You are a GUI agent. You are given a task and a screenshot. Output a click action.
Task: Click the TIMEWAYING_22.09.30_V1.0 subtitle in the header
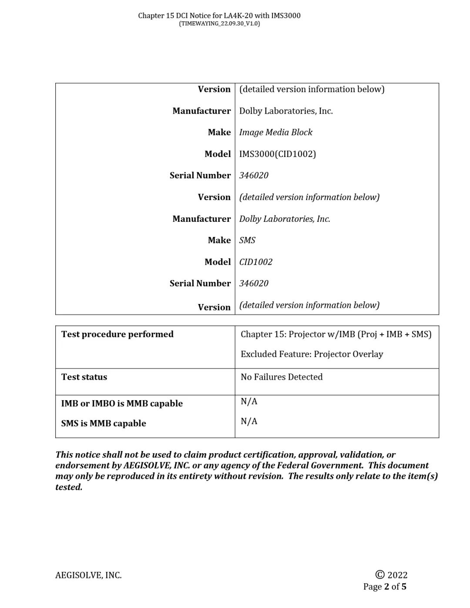pos(219,23)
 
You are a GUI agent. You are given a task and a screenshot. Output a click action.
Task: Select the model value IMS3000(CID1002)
pos(277,154)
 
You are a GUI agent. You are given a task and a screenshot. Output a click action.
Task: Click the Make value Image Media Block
pos(275,132)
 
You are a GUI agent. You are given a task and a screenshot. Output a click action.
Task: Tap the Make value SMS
pos(247,240)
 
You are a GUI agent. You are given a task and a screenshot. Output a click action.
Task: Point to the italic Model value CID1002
pos(255,262)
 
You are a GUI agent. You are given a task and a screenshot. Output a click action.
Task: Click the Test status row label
pos(84,377)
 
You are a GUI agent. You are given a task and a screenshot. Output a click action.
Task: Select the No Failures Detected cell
pos(282,377)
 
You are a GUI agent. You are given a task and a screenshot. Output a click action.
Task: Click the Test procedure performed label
pos(117,334)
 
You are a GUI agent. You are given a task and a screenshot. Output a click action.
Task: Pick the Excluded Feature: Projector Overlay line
pos(312,354)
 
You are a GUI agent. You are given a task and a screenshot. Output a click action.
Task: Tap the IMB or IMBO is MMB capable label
pos(122,403)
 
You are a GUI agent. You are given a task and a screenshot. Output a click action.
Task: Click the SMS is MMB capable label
pos(104,423)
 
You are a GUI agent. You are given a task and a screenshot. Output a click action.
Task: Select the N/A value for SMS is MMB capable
pos(249,421)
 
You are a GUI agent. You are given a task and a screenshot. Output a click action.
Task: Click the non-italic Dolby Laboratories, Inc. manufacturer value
pos(286,111)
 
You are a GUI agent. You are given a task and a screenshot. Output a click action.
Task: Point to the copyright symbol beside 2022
pos(380,575)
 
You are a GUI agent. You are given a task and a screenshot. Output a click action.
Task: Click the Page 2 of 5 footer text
pos(385,587)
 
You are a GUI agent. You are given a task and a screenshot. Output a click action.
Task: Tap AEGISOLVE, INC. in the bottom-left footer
pos(88,575)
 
